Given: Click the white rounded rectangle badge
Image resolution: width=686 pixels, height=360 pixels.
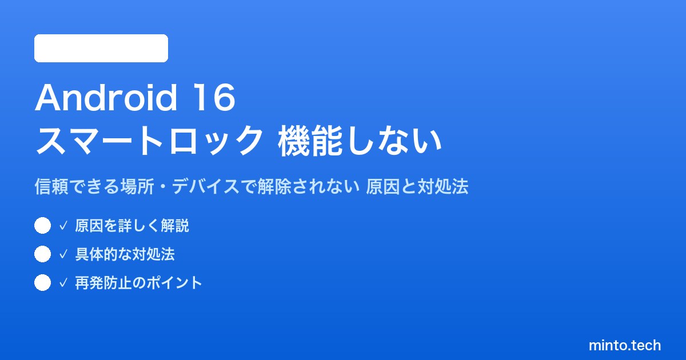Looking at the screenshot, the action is [x=101, y=49].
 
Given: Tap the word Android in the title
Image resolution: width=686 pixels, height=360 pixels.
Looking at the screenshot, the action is [x=106, y=98].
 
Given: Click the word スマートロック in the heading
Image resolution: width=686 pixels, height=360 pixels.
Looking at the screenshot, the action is [x=149, y=141].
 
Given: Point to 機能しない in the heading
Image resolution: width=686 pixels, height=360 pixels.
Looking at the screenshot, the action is [x=360, y=141].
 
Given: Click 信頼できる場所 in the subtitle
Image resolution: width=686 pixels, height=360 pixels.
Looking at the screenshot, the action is [x=94, y=186].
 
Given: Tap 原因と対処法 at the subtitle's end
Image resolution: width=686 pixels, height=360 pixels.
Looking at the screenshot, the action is [x=417, y=186].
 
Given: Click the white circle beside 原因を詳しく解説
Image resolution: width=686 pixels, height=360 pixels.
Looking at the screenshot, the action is [x=42, y=226].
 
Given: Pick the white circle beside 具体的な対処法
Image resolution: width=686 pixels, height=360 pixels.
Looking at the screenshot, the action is [x=42, y=254].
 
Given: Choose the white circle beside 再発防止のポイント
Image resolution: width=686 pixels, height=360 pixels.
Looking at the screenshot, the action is [x=42, y=282].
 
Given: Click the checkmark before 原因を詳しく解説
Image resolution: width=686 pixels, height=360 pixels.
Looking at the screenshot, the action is [x=63, y=226].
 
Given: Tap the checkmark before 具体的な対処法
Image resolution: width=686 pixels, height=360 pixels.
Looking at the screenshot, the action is [x=63, y=254].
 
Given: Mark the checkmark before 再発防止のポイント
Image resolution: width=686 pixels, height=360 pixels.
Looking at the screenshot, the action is [x=63, y=283].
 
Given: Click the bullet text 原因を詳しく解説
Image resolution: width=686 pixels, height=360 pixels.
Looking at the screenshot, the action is [x=132, y=226].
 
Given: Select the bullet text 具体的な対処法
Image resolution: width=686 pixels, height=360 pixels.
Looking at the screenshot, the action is [x=125, y=254].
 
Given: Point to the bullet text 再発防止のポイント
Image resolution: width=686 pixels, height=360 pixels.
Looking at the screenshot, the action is [x=138, y=283].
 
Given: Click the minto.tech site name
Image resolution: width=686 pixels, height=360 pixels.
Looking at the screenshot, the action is [x=625, y=345].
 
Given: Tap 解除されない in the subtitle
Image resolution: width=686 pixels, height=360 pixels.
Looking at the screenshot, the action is [x=308, y=186].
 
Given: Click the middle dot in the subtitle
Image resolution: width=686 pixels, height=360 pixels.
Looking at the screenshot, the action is [x=163, y=187].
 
